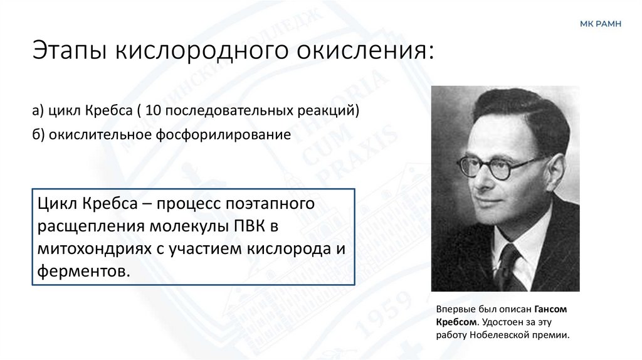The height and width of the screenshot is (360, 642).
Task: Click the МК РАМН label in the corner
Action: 600,23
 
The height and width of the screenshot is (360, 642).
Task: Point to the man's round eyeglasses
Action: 495,166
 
